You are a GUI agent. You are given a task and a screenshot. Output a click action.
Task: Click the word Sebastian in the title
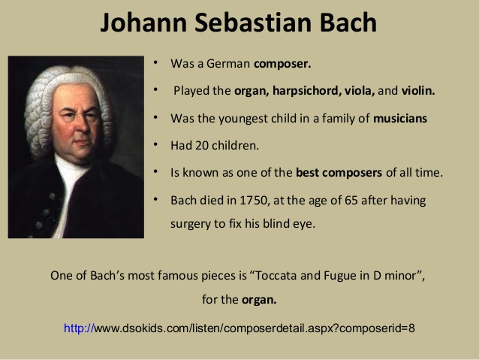(x=253, y=23)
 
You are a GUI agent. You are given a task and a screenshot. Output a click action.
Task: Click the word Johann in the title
(x=143, y=23)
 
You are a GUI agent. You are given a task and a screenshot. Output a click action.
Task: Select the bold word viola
(x=360, y=90)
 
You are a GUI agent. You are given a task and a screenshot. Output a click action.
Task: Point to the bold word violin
(x=418, y=90)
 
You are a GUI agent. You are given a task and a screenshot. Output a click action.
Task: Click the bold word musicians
(x=400, y=118)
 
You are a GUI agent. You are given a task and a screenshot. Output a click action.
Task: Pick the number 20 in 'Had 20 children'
(x=202, y=146)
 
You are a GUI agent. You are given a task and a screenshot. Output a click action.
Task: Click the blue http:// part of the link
(x=79, y=328)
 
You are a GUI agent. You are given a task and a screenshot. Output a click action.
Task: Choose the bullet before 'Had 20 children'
(x=155, y=144)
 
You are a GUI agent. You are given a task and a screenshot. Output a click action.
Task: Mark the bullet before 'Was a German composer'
(x=155, y=62)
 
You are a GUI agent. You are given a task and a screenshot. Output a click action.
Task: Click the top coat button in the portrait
(x=52, y=196)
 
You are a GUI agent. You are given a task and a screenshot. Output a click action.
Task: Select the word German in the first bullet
(x=228, y=64)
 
